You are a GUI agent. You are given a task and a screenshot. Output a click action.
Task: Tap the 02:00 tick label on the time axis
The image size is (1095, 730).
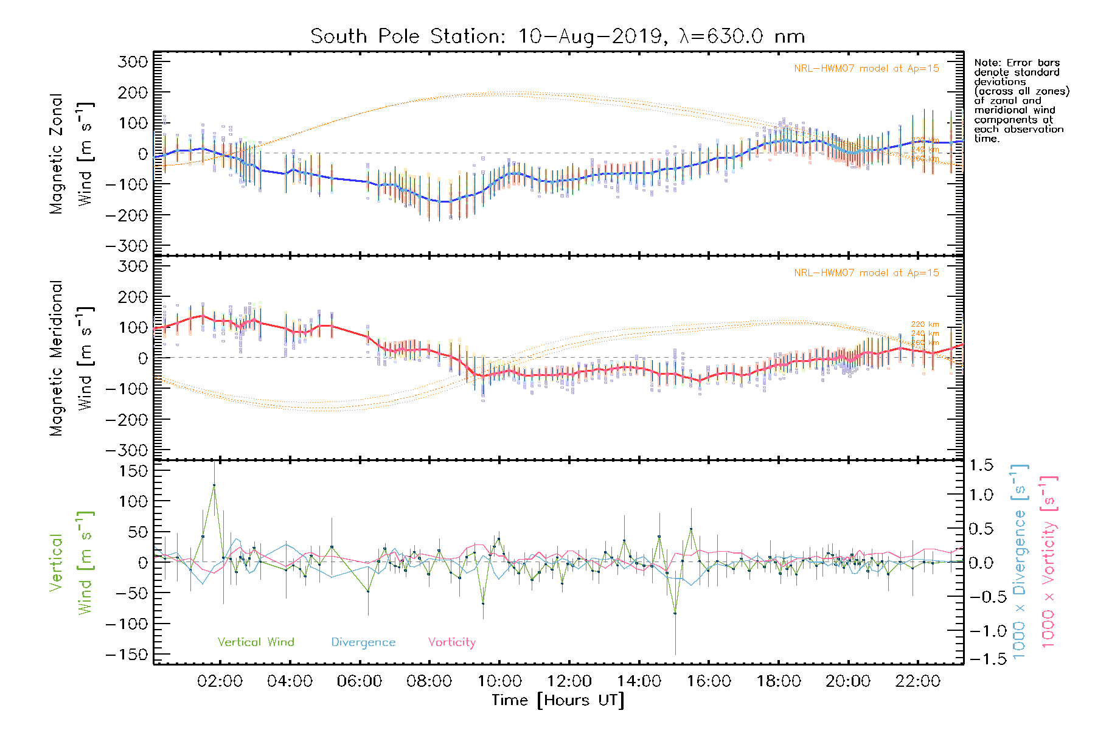(220, 681)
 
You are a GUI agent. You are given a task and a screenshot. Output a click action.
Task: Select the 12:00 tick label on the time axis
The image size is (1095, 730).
(569, 681)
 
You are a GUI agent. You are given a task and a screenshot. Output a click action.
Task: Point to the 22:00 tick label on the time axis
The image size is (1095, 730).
(918, 681)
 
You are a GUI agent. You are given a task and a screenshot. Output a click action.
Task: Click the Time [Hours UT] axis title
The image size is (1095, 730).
(558, 701)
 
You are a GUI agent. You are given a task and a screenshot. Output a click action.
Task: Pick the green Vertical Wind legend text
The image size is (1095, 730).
(255, 642)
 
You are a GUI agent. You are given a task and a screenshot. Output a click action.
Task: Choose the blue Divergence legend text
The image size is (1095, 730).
(363, 642)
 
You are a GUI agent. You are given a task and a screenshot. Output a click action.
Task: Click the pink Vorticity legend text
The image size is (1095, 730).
(451, 642)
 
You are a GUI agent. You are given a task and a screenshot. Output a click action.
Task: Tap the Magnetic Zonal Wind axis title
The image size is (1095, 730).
(71, 154)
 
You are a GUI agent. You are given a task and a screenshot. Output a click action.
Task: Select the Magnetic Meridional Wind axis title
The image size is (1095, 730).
(71, 358)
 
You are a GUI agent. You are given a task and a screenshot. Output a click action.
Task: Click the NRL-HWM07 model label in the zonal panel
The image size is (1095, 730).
(866, 69)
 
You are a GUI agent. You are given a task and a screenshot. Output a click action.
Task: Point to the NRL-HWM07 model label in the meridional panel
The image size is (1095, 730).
(866, 273)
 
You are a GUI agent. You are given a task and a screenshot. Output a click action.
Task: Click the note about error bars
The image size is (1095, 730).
(1021, 101)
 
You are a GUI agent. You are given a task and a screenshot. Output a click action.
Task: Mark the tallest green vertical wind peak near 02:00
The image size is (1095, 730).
(214, 485)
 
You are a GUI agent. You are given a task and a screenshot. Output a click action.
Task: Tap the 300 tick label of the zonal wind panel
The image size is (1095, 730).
(133, 61)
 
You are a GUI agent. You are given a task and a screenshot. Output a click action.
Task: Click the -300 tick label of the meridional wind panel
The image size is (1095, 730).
(127, 450)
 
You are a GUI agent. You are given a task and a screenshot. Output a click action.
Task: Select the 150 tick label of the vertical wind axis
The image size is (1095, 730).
(133, 471)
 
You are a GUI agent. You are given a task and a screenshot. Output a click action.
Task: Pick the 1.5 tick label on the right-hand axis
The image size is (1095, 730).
(981, 465)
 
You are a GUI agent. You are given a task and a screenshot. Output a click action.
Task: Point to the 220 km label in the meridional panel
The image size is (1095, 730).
(925, 325)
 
